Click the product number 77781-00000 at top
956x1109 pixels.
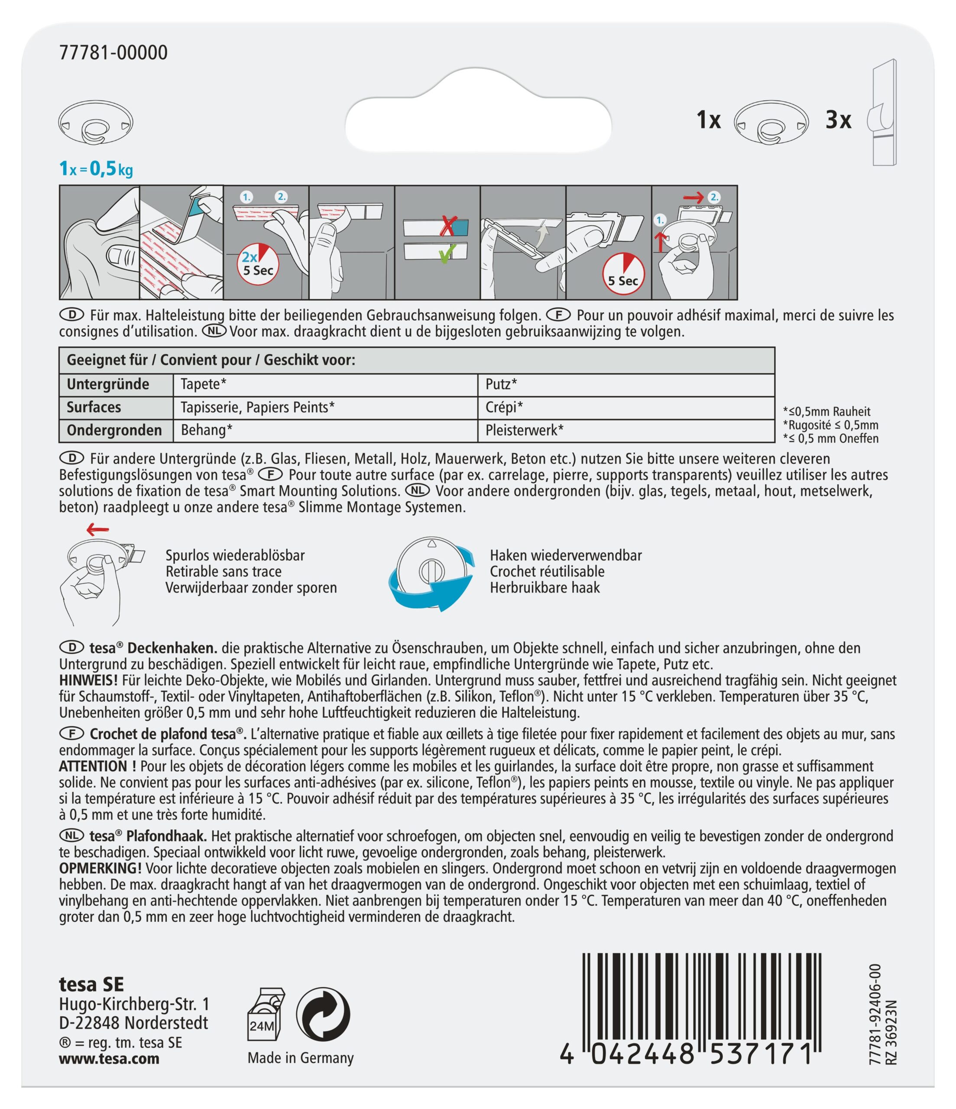pos(113,52)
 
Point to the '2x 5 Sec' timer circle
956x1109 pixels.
pos(257,264)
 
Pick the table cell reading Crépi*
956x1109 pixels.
pos(504,407)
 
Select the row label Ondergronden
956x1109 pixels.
pos(114,430)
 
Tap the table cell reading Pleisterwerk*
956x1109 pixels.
pos(524,430)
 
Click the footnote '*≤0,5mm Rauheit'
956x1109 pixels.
pos(826,412)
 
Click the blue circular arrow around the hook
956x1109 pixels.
pos(431,589)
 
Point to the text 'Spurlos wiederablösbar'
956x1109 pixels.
pos(235,555)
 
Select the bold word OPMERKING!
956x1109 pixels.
pos(100,868)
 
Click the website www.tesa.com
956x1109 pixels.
pos(109,1059)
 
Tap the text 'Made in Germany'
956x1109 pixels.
pos(300,1058)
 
